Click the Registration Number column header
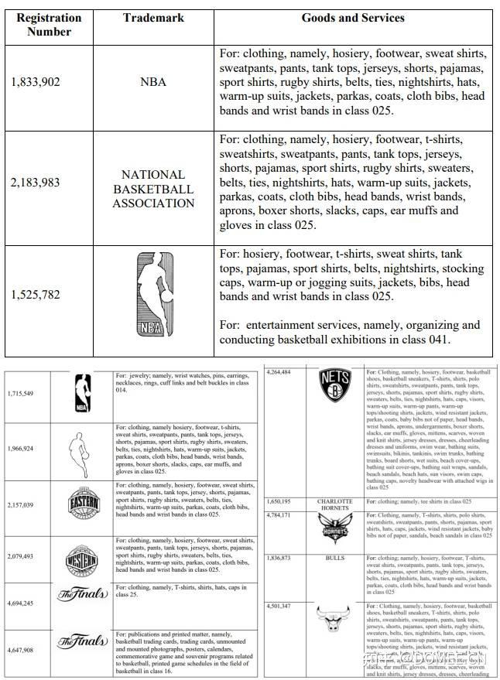pos(48,24)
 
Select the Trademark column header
pos(152,17)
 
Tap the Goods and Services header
pos(352,17)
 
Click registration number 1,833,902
pos(36,82)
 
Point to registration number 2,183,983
pos(36,183)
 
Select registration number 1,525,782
pos(36,295)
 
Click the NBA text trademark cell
pos(152,82)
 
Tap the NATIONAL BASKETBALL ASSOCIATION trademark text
pos(152,189)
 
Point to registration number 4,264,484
pos(279,372)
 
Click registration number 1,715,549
pos(21,394)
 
